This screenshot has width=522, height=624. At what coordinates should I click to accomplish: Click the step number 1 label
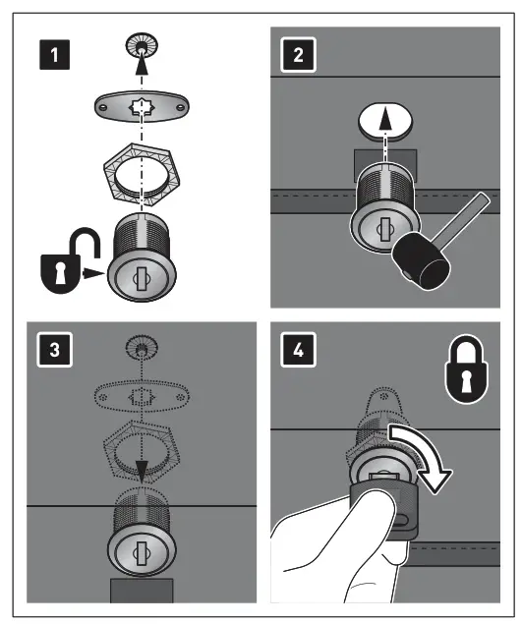click(x=54, y=55)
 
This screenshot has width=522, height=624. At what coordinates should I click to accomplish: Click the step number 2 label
click(x=298, y=55)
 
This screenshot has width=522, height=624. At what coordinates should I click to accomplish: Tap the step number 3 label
click(x=54, y=350)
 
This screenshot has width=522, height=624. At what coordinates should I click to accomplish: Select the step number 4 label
click(x=298, y=350)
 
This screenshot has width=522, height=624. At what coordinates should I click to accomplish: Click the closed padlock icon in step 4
click(x=466, y=369)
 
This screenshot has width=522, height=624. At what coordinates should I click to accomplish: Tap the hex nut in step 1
click(x=142, y=175)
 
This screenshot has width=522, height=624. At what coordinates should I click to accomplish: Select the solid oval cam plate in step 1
click(x=142, y=107)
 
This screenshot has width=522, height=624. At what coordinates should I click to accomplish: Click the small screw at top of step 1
click(x=142, y=46)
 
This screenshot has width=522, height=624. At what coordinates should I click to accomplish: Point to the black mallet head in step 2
click(x=422, y=261)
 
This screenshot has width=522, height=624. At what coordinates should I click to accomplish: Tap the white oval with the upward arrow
click(x=385, y=121)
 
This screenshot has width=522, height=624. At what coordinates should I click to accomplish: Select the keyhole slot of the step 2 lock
click(x=384, y=229)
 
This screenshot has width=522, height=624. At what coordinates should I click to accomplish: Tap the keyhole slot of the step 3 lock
click(x=142, y=553)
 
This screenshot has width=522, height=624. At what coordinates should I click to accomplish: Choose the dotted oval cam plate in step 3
click(x=142, y=397)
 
